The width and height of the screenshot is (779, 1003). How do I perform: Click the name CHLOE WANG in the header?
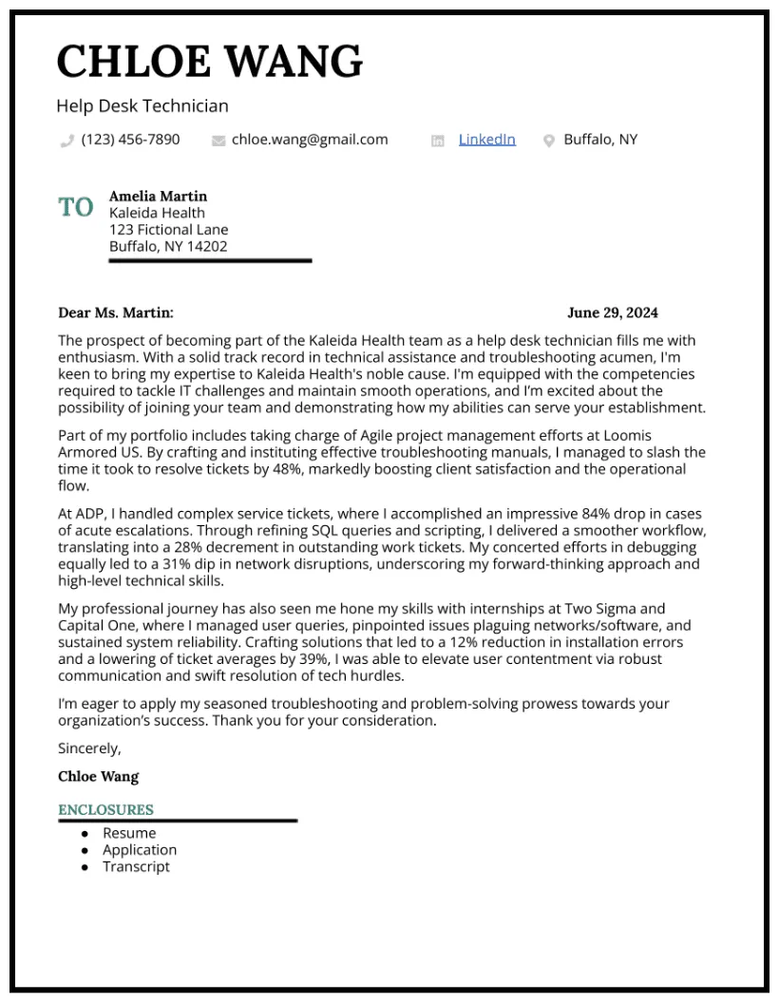point(209,62)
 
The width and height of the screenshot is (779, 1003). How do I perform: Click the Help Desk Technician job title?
point(142,106)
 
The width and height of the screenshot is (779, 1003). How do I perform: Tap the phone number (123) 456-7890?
point(130,140)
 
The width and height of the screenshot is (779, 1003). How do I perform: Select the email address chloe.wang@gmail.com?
point(310,140)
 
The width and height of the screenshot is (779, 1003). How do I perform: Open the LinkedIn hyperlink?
point(486,140)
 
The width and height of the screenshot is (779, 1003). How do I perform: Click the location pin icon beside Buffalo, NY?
point(548,141)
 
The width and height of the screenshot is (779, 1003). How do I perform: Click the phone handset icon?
point(66,141)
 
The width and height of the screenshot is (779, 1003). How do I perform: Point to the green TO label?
point(76,207)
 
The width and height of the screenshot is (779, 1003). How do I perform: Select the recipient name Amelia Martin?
point(158,196)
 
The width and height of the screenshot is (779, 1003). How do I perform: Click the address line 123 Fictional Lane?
point(168,230)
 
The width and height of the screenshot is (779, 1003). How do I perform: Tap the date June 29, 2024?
point(612,312)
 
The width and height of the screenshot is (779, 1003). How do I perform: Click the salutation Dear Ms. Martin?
point(116,312)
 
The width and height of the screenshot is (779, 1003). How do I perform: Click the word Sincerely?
point(89,748)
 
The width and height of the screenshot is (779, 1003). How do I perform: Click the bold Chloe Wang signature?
point(98,776)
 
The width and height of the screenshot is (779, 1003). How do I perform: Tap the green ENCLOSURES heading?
point(105,810)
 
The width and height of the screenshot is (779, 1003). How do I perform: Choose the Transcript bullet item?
point(136,866)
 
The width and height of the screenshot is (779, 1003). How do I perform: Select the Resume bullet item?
point(129,833)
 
